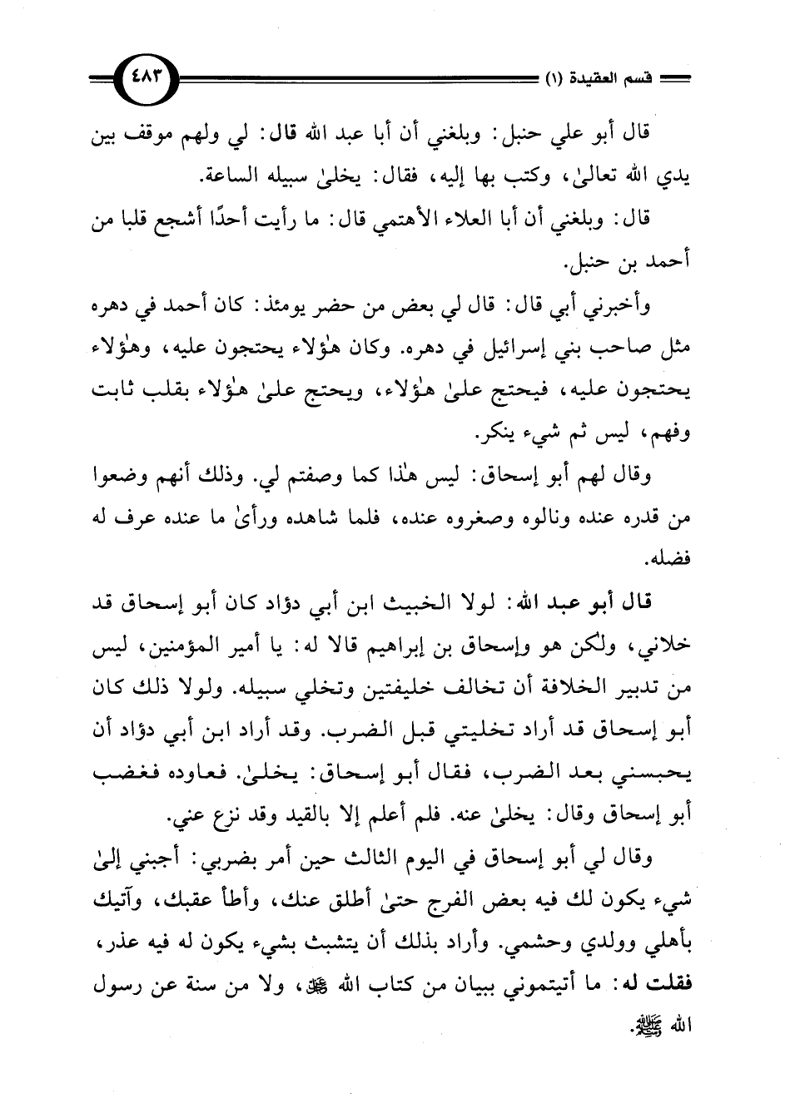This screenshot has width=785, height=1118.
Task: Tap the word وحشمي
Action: [x=520, y=950]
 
